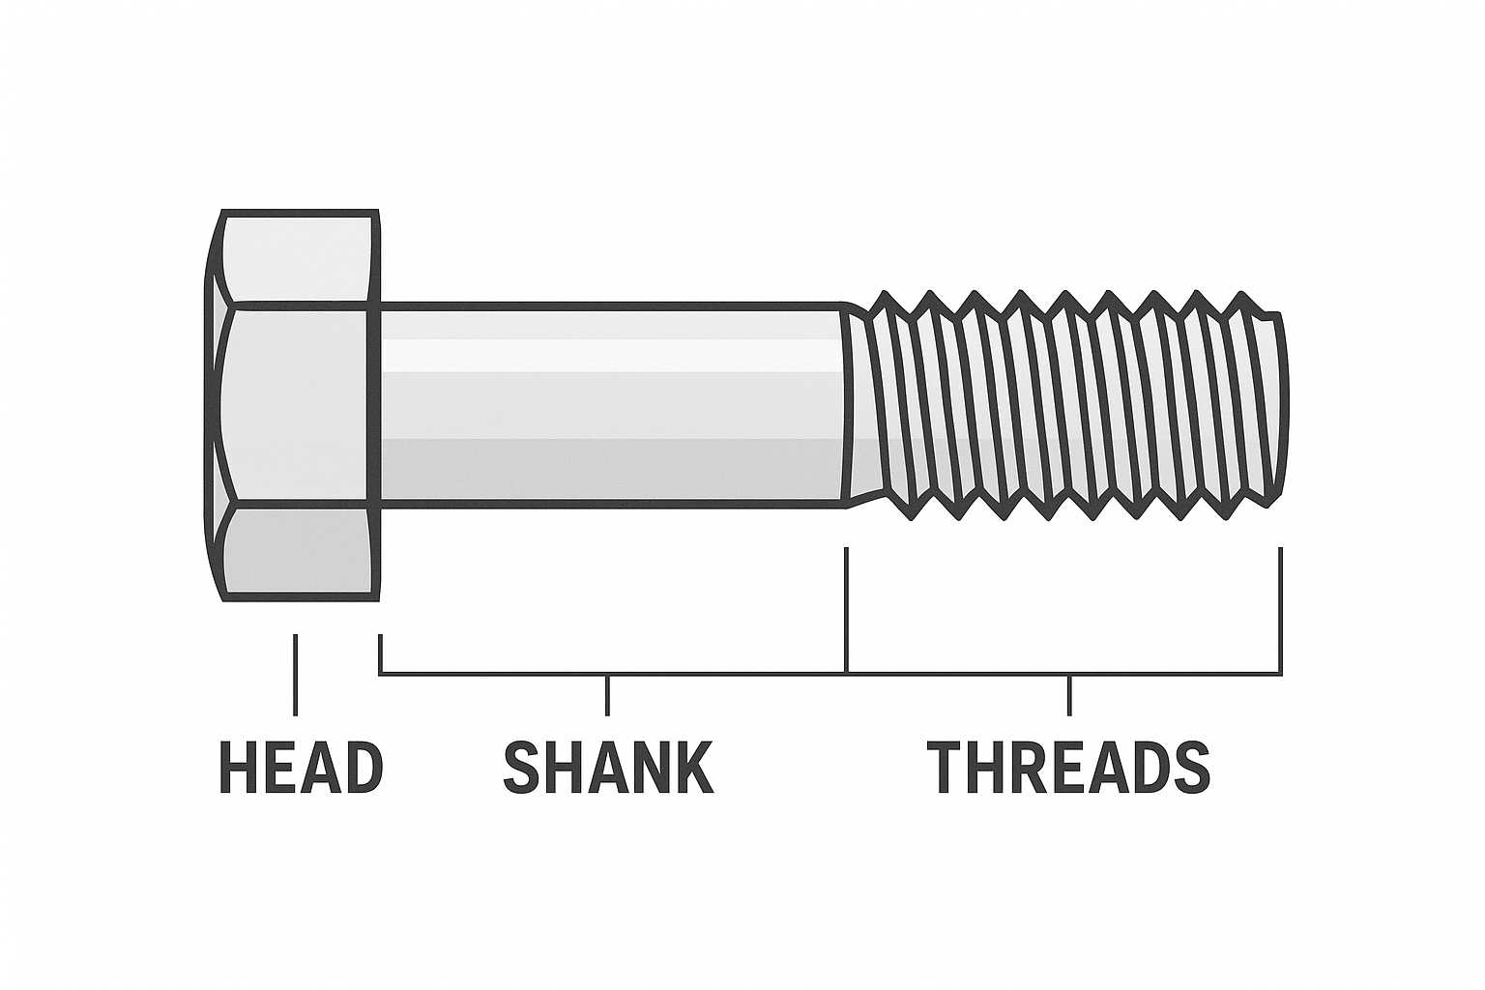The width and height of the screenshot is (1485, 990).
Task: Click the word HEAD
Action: point(301,768)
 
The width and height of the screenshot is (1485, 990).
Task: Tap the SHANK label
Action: point(608,768)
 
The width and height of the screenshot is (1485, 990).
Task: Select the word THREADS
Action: point(1068,768)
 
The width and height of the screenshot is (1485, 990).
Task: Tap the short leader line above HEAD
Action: point(295,674)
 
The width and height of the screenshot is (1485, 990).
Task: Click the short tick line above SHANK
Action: point(607,695)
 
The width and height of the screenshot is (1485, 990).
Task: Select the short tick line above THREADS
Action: point(1069,695)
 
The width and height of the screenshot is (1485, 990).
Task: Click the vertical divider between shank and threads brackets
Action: point(846,609)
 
